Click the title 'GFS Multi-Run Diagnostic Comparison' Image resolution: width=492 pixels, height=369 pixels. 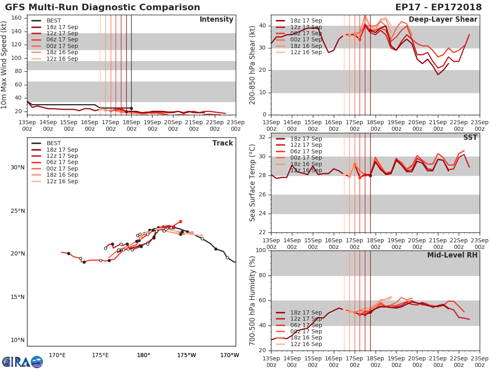tap(102, 7)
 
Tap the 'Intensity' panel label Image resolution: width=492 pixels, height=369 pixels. tap(216, 20)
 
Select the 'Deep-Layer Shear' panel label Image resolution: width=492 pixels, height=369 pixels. tap(443, 20)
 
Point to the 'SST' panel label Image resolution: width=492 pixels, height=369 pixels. tap(470, 137)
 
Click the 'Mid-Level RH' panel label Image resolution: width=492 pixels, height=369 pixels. tap(452, 255)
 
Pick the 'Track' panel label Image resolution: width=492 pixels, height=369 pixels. tap(223, 143)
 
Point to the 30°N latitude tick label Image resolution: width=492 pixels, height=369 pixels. tap(18, 167)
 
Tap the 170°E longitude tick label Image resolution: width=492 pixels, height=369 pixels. tap(57, 355)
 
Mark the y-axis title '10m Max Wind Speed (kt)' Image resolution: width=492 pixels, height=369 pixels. tap(5, 65)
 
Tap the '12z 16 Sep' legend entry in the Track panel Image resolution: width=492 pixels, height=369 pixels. tap(62, 181)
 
